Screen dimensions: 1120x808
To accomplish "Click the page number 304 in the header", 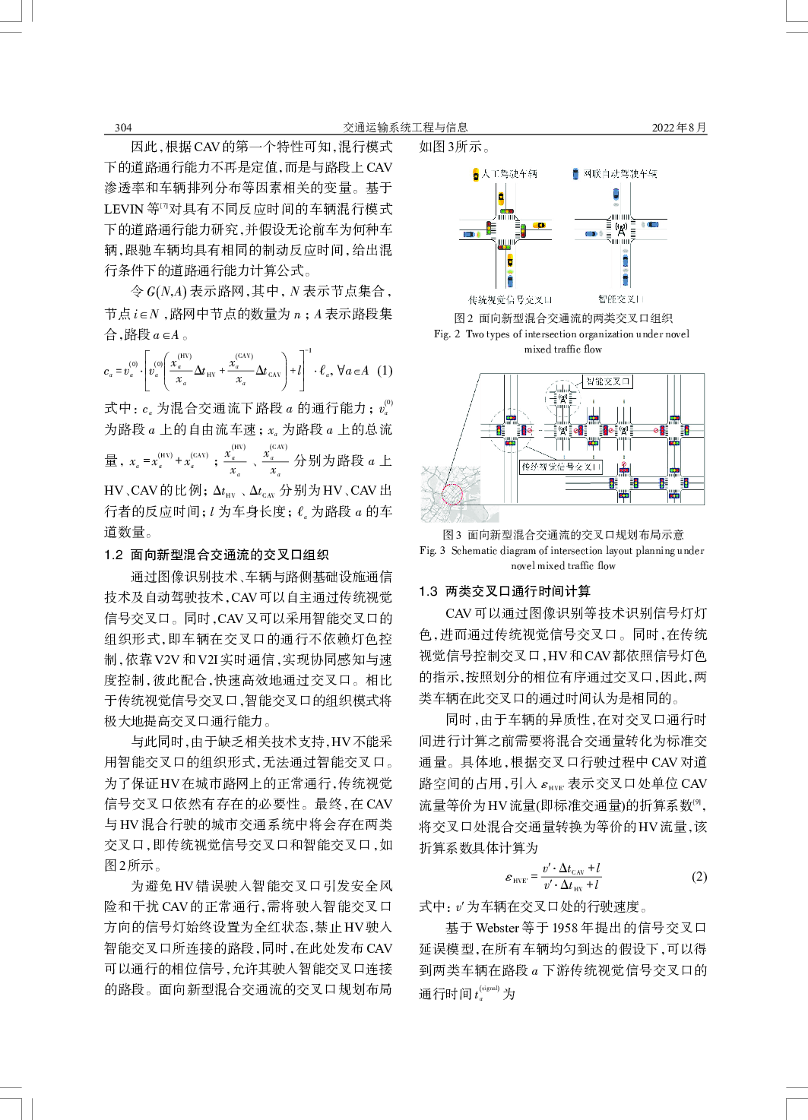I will pyautogui.click(x=123, y=128).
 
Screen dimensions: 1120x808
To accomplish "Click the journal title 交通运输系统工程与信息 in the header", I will pyautogui.click(x=405, y=128).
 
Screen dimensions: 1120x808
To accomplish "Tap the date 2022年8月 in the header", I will pyautogui.click(x=679, y=128).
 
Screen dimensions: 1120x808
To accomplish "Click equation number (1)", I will pyautogui.click(x=385, y=371).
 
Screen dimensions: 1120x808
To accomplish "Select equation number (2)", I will pyautogui.click(x=699, y=877).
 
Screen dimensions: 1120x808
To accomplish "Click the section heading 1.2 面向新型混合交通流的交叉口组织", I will pyautogui.click(x=217, y=555).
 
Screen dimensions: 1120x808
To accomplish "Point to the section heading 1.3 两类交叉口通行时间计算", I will pyautogui.click(x=505, y=591).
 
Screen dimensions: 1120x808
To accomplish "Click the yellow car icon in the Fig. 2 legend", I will pyautogui.click(x=476, y=175).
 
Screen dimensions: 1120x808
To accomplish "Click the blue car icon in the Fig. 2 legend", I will pyautogui.click(x=575, y=174).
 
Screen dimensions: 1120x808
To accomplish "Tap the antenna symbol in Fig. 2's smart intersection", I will pyautogui.click(x=621, y=227).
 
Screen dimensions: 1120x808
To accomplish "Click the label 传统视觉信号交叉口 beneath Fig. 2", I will pyautogui.click(x=510, y=300).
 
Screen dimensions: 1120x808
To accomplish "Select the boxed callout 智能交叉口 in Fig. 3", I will pyautogui.click(x=607, y=381).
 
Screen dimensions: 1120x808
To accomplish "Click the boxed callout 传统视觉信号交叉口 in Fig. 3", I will pyautogui.click(x=561, y=467).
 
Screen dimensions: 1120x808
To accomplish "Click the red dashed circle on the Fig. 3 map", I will pyautogui.click(x=452, y=494).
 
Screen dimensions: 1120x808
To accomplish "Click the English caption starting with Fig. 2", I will pyautogui.click(x=562, y=341).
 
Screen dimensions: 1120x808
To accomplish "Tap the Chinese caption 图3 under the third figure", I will pyautogui.click(x=562, y=535).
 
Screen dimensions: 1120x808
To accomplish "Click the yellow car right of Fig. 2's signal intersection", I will pyautogui.click(x=539, y=226).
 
